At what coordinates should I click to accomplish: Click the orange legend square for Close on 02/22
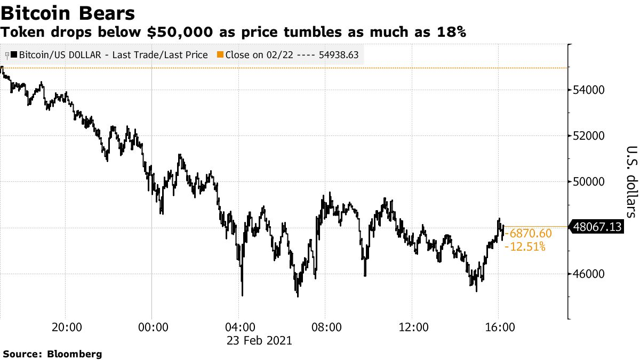[x=220, y=54]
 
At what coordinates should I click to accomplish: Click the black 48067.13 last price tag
[x=598, y=242]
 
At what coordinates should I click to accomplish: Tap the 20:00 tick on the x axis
[x=66, y=326]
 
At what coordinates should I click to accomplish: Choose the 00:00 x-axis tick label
[x=152, y=326]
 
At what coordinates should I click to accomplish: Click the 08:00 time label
[x=325, y=326]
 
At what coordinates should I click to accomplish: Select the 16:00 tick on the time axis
[x=499, y=326]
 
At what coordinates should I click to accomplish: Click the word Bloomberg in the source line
[x=75, y=354]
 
